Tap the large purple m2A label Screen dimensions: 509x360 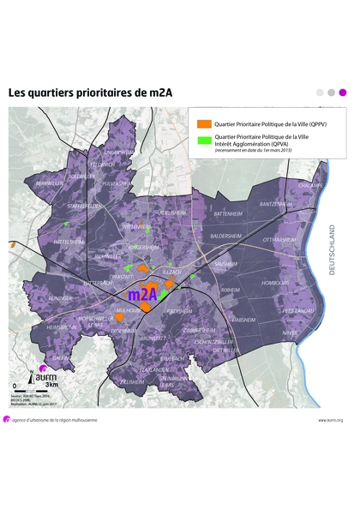(141, 294)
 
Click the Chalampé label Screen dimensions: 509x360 (309, 184)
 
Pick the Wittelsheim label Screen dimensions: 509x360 (70, 243)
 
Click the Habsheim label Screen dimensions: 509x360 (244, 319)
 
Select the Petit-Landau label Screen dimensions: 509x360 (299, 310)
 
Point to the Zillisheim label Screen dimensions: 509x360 (132, 381)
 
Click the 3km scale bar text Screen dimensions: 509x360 (51, 385)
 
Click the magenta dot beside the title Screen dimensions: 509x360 (343, 92)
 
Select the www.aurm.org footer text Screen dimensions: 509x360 (330, 420)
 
